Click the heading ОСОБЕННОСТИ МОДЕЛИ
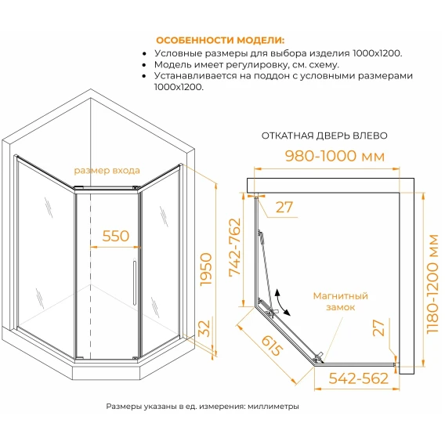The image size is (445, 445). pos(220,40)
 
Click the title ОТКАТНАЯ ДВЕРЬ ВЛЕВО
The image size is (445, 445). pos(324,136)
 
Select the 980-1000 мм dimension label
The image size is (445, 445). pos(335,156)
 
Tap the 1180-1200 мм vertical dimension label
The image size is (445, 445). pos(432,284)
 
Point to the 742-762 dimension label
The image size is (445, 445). pos(235,247)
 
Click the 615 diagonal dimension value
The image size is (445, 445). pos(272,346)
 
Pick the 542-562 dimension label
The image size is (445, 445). pos(359,378)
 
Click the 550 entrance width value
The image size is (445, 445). pos(116,236)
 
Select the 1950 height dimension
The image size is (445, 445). pos(206,270)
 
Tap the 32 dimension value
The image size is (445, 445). pos(204,328)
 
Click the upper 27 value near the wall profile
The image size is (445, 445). pos(284,207)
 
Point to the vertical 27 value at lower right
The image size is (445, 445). pos(378,327)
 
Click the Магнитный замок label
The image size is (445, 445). pos(341,302)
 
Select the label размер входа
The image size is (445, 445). pos(107,171)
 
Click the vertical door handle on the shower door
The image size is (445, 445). pos(135,283)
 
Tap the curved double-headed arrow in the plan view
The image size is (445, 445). pos(281,303)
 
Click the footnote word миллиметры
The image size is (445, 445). pos(273,407)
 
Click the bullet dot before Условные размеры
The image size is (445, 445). pos(145,53)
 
